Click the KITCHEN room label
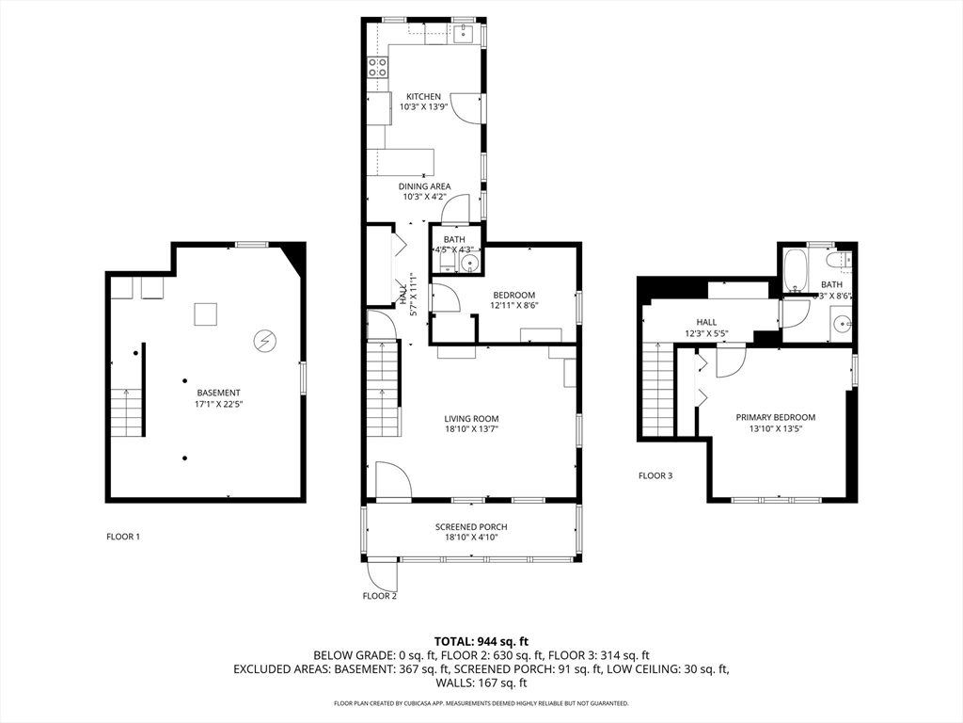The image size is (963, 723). click(x=423, y=97)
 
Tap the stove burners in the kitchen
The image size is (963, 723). click(x=377, y=67)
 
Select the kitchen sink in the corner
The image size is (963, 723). click(x=463, y=35)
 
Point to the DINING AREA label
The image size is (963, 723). click(x=423, y=186)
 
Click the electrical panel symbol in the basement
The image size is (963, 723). click(x=265, y=340)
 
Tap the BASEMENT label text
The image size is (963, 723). click(x=218, y=393)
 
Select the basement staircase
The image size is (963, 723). click(x=125, y=412)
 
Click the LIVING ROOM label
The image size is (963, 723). click(x=471, y=419)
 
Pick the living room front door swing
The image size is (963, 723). click(x=391, y=479)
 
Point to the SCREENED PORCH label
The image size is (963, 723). click(x=471, y=527)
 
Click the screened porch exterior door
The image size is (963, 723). click(x=383, y=570)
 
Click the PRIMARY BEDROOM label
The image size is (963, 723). click(x=775, y=417)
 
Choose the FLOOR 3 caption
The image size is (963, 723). click(x=655, y=476)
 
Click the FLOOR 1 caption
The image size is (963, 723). click(x=123, y=537)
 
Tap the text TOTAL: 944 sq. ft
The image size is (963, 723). click(x=481, y=640)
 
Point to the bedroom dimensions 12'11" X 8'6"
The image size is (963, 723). click(x=513, y=305)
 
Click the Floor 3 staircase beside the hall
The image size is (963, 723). click(x=658, y=391)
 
